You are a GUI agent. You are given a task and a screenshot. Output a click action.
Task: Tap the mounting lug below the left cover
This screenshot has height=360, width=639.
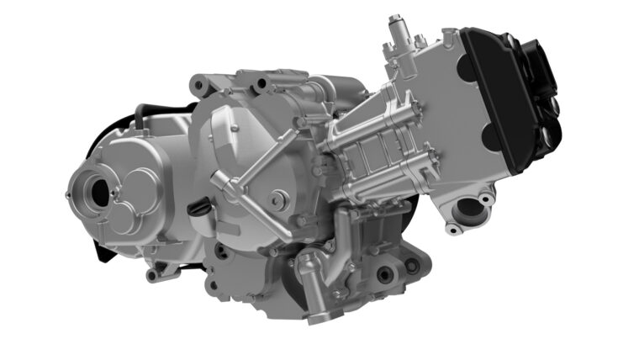[x=151, y=274]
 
